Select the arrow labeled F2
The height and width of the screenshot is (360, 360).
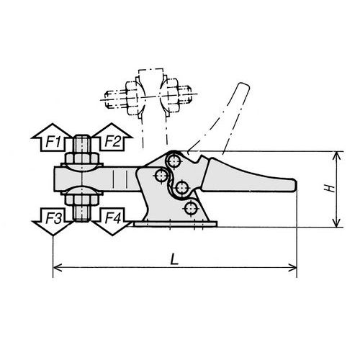click(111, 140)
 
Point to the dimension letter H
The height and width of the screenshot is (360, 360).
click(328, 189)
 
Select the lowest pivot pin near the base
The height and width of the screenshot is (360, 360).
click(190, 209)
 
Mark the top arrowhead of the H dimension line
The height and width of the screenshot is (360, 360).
click(336, 156)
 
